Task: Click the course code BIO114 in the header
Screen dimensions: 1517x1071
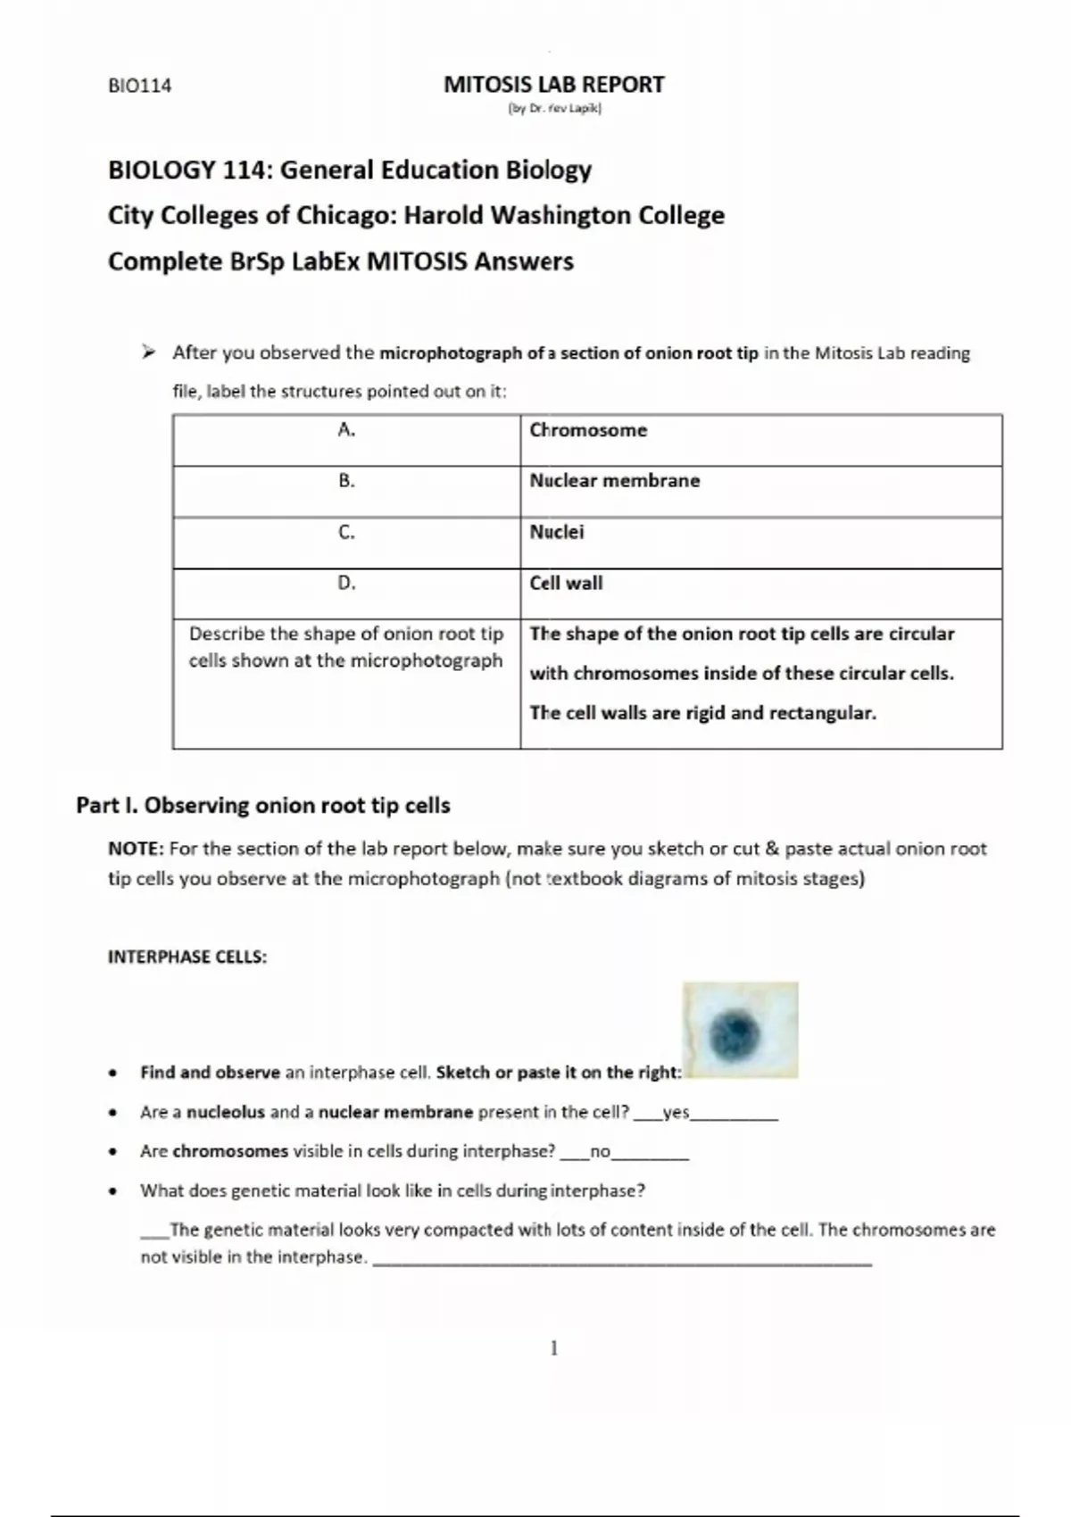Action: click(x=139, y=86)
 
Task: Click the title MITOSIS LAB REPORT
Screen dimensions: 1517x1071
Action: click(x=553, y=85)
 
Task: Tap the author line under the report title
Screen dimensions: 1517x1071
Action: click(x=554, y=109)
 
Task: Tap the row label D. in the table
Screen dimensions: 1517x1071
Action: click(x=346, y=584)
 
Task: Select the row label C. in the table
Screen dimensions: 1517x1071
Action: click(x=346, y=533)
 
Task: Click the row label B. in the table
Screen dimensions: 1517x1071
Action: click(x=346, y=481)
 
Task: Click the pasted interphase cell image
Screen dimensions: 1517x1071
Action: click(x=740, y=1030)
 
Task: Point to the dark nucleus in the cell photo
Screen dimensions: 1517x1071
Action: click(x=736, y=1033)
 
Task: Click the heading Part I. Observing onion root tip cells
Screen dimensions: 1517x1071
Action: click(x=263, y=805)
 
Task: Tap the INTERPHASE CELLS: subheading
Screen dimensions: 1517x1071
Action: click(x=187, y=957)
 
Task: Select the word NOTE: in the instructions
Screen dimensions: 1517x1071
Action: click(x=136, y=849)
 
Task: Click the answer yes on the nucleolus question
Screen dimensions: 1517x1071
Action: click(x=676, y=1113)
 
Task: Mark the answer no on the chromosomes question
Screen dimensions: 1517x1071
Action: click(x=600, y=1152)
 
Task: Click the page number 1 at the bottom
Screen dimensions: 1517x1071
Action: click(x=554, y=1347)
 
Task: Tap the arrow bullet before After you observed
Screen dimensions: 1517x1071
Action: click(x=148, y=352)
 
